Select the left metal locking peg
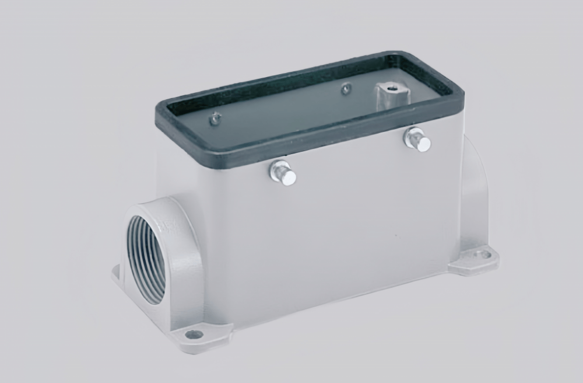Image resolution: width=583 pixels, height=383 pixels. coord(282,173)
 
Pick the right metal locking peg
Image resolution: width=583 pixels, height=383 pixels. coord(417,140)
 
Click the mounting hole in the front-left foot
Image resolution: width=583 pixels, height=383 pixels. coord(194,335)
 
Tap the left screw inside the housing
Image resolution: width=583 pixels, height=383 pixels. coord(216,119)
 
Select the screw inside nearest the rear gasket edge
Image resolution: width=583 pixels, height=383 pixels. coord(346,89)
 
